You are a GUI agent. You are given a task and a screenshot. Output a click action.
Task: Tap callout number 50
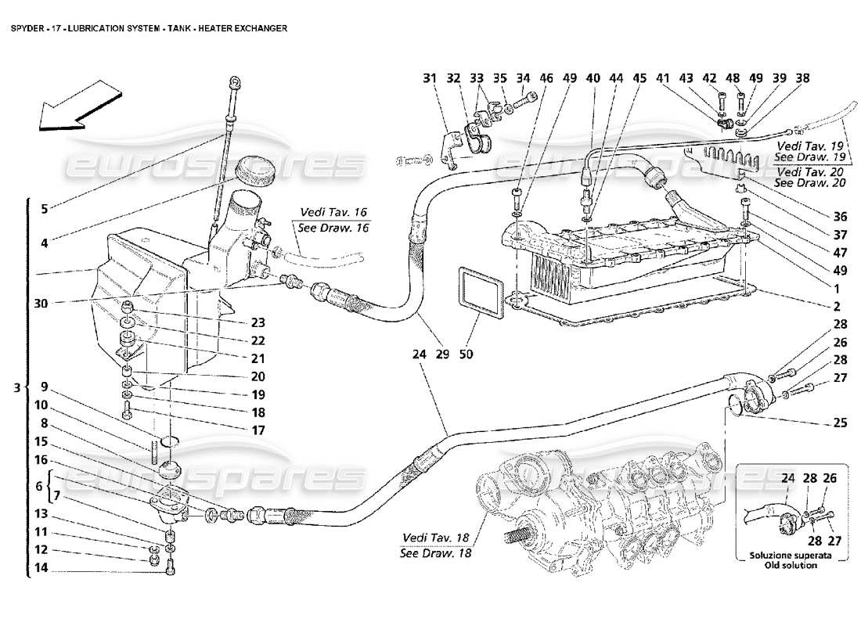(x=467, y=354)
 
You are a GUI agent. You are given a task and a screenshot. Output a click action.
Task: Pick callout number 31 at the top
(x=430, y=78)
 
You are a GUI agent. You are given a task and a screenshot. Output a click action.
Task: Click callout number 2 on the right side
(x=837, y=307)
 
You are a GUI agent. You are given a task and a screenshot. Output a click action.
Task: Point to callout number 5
(x=45, y=208)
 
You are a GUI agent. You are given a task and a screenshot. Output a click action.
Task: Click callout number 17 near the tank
(x=258, y=430)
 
